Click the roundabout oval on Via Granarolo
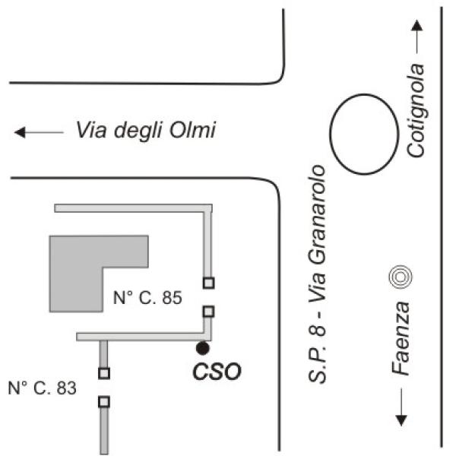coord(330,135)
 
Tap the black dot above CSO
coord(202,348)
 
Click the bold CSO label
coord(217,372)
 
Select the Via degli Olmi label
coord(146,130)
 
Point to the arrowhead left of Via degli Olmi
coord(20,132)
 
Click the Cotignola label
coord(416,110)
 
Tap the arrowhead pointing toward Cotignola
coord(417,25)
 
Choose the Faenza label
coord(401,339)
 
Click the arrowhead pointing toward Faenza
coord(401,420)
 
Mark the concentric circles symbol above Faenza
coord(401,277)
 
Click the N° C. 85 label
coord(147,297)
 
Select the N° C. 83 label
coord(43,388)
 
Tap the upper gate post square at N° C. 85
coord(208,283)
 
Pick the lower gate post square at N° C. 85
coord(208,312)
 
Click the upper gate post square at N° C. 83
coord(104,373)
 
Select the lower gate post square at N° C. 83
coord(104,402)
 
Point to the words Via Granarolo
coord(317,234)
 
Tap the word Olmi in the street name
coord(192,130)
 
